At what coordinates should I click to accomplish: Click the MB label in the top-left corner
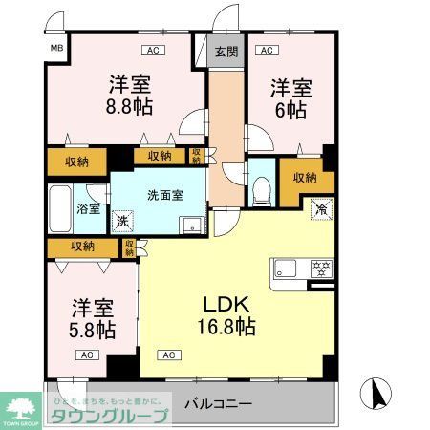point(56,46)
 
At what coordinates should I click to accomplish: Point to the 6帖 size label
point(290,110)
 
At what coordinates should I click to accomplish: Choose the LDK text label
point(226,304)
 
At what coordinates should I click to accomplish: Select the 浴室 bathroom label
point(88,208)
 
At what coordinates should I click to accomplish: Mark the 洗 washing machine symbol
point(123,221)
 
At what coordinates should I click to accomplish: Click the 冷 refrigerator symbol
point(320,206)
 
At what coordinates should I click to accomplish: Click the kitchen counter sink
point(287,267)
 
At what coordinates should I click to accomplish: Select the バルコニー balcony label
point(218,402)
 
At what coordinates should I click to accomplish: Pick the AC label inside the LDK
point(169,355)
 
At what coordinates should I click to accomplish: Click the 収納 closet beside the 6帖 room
point(305,177)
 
